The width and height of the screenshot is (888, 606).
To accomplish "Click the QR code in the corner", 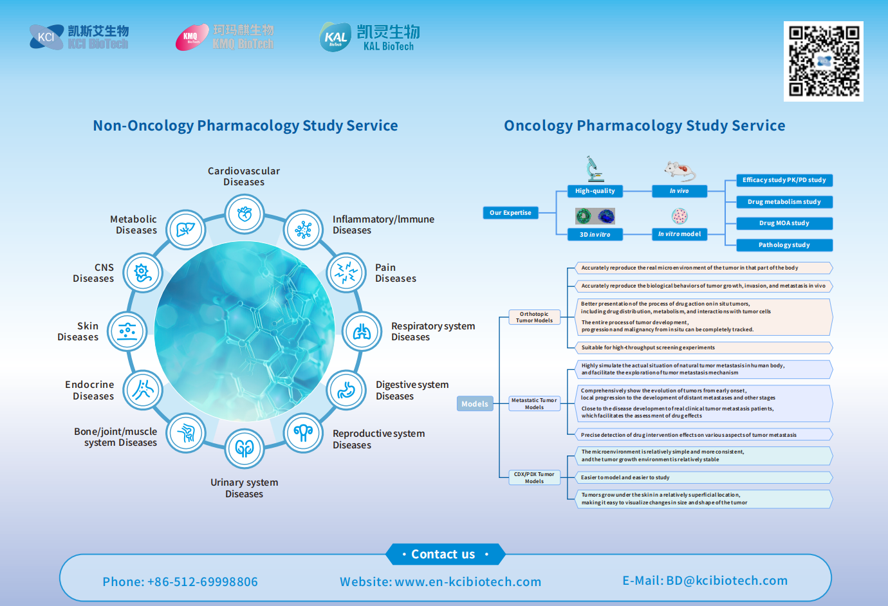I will pyautogui.click(x=823, y=61).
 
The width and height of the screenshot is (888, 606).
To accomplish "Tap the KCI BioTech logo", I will pyautogui.click(x=79, y=37).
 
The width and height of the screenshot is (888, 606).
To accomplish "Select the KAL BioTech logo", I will pyautogui.click(x=369, y=37).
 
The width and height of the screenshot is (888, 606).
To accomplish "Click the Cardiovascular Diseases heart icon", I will pyautogui.click(x=245, y=214).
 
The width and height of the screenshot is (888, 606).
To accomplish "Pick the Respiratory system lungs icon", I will pyautogui.click(x=362, y=332).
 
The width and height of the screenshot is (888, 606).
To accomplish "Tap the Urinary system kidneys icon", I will pyautogui.click(x=245, y=448).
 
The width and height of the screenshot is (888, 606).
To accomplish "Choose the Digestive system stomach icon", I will pyautogui.click(x=346, y=390).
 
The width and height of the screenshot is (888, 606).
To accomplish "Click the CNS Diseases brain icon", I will pyautogui.click(x=143, y=273).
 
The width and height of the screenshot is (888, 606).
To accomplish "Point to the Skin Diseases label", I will pyautogui.click(x=79, y=331).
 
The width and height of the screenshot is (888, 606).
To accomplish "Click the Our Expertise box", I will pyautogui.click(x=510, y=213).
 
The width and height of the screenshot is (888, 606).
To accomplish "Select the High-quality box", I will pyautogui.click(x=595, y=191).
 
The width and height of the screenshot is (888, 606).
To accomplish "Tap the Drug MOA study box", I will pyautogui.click(x=784, y=223).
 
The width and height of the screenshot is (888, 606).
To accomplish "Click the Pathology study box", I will pyautogui.click(x=784, y=245).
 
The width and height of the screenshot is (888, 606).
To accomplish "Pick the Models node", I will pyautogui.click(x=475, y=404).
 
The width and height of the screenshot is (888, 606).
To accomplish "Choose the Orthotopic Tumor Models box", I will pyautogui.click(x=534, y=317).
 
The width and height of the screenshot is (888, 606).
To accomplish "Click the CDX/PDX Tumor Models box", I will pyautogui.click(x=534, y=477).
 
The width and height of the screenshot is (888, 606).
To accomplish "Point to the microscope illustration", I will pyautogui.click(x=595, y=169).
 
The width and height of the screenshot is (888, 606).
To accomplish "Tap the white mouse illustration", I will pyautogui.click(x=680, y=171).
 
